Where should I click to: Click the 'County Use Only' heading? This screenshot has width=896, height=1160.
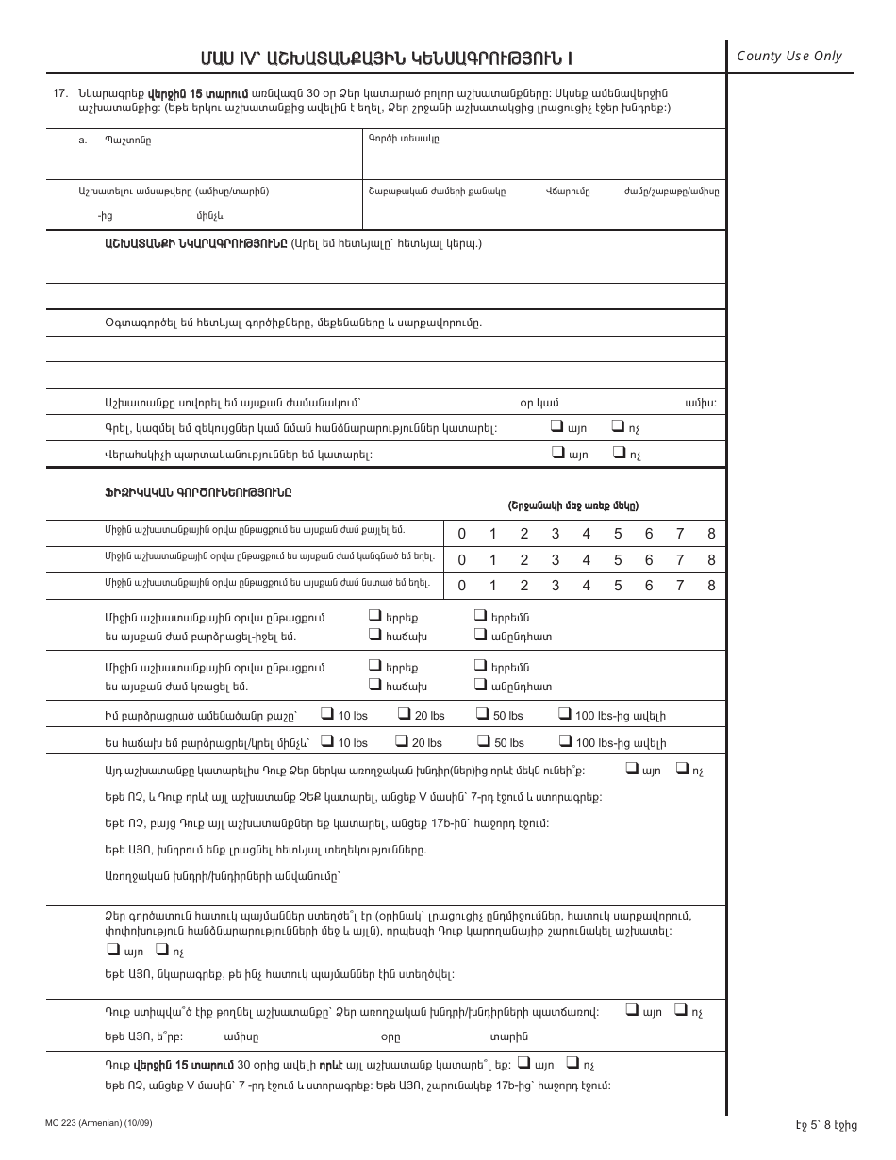[x=789, y=57]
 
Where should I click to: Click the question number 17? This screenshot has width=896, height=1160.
[x=62, y=93]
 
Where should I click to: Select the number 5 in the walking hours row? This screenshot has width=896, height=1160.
[x=618, y=534]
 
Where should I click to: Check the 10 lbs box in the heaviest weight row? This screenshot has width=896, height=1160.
[x=327, y=715]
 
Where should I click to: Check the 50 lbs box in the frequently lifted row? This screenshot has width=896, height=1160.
[x=482, y=741]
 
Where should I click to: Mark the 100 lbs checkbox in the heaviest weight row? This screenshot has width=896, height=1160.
[x=565, y=715]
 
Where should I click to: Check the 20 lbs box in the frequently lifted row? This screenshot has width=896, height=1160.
[x=403, y=741]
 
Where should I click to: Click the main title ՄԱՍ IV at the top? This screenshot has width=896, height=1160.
[x=385, y=58]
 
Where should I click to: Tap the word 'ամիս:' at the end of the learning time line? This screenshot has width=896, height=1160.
[x=701, y=403]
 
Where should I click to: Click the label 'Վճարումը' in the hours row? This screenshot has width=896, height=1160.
[x=568, y=191]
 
